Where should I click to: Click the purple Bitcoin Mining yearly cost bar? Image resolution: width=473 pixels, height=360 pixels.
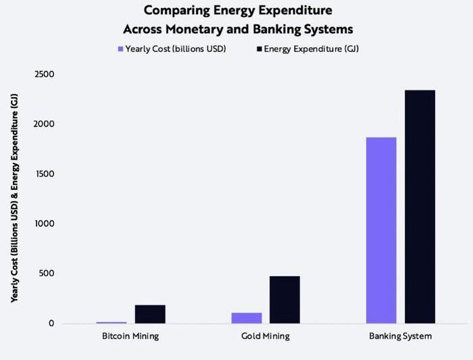111,322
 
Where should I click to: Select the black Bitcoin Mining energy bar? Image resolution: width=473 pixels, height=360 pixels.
150,314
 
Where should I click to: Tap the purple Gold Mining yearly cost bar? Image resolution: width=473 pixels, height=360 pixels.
247,318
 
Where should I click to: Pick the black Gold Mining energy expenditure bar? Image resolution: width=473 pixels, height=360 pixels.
284,300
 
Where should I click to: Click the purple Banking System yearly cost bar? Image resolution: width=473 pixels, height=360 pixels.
381,230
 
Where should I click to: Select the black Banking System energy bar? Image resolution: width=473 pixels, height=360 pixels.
420,207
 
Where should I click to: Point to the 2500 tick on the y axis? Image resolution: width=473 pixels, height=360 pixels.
45,74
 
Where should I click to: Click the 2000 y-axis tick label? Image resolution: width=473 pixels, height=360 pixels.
45,124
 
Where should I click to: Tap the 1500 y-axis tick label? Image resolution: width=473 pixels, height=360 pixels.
45,174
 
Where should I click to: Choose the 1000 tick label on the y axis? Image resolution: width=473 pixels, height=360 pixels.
45,224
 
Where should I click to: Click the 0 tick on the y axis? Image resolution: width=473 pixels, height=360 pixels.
51,324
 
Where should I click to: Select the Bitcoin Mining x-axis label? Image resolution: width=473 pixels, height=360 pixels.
130,336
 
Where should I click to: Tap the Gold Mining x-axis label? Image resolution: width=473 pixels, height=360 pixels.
265,336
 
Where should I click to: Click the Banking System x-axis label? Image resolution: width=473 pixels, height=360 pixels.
400,336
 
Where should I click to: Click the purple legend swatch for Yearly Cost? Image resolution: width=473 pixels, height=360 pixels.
120,49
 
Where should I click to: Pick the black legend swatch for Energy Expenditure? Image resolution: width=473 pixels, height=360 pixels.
259,49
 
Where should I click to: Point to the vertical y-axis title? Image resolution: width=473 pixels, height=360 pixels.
14,199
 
